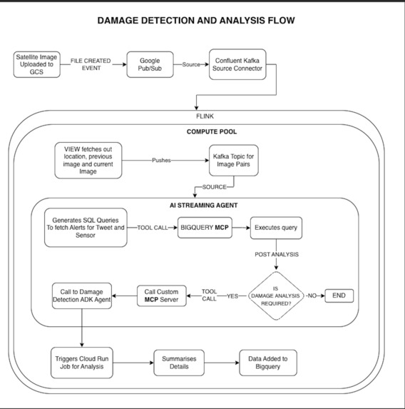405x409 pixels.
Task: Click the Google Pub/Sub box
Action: click(x=150, y=64)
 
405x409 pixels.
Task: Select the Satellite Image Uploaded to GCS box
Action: click(x=37, y=64)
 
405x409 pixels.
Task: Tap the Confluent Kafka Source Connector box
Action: click(x=237, y=64)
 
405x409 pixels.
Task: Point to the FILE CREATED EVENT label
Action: click(x=91, y=64)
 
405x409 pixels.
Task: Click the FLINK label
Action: click(x=205, y=116)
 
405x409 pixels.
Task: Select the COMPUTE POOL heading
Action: click(x=212, y=132)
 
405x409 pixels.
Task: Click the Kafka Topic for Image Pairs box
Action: click(x=233, y=161)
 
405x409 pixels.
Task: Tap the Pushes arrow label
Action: click(x=161, y=161)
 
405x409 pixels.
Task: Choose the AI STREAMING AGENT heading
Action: click(x=203, y=206)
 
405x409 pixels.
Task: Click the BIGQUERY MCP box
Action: click(x=205, y=228)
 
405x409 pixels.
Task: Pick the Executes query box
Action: click(x=276, y=228)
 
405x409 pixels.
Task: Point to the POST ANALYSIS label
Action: click(x=277, y=254)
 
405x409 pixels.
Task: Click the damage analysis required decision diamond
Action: click(x=276, y=296)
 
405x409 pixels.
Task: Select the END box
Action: click(x=339, y=296)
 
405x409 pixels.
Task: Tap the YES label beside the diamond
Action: click(x=232, y=296)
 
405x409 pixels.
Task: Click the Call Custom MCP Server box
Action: click(x=162, y=296)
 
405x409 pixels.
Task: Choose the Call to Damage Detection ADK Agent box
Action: click(x=82, y=296)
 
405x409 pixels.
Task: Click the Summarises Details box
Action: click(x=179, y=363)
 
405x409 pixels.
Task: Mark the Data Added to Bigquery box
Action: click(x=268, y=363)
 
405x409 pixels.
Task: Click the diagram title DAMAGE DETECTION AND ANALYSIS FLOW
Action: click(x=196, y=21)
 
